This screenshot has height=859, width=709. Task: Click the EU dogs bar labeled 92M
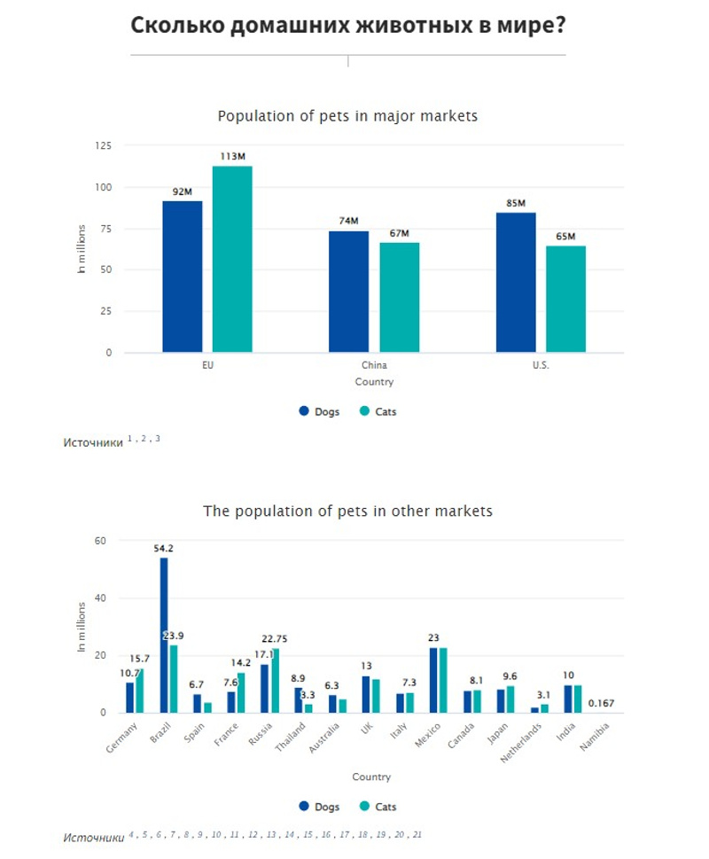tap(182, 277)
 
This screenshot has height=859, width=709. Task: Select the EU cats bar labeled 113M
tap(232, 259)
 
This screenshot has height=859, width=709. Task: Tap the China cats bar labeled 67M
tap(399, 297)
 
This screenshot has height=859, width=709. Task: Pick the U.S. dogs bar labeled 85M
tap(516, 282)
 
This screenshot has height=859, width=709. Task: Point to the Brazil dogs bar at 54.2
tap(164, 635)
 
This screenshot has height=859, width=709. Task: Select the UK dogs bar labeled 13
tap(366, 694)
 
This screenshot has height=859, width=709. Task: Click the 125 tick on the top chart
tap(105, 145)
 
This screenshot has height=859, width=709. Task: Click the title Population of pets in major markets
tap(347, 116)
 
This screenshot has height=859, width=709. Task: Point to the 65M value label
tap(565, 237)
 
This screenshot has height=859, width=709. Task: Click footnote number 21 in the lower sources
tap(417, 835)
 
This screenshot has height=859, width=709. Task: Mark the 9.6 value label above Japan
tap(510, 676)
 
